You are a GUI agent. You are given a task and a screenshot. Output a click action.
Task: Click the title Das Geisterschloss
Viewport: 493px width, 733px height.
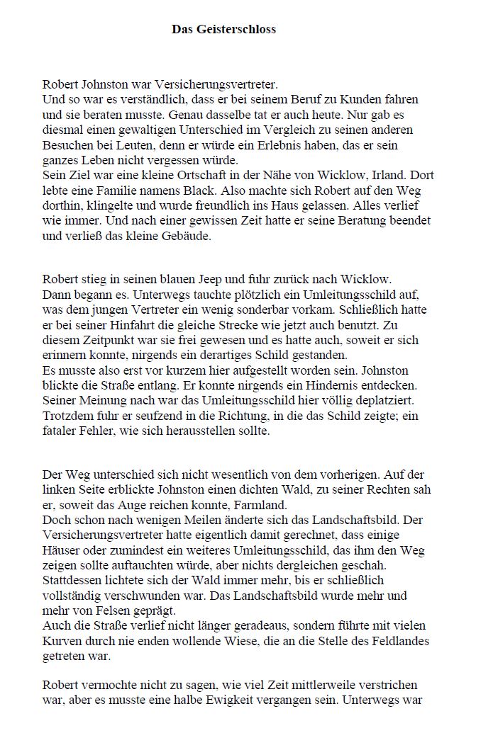click(x=223, y=30)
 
